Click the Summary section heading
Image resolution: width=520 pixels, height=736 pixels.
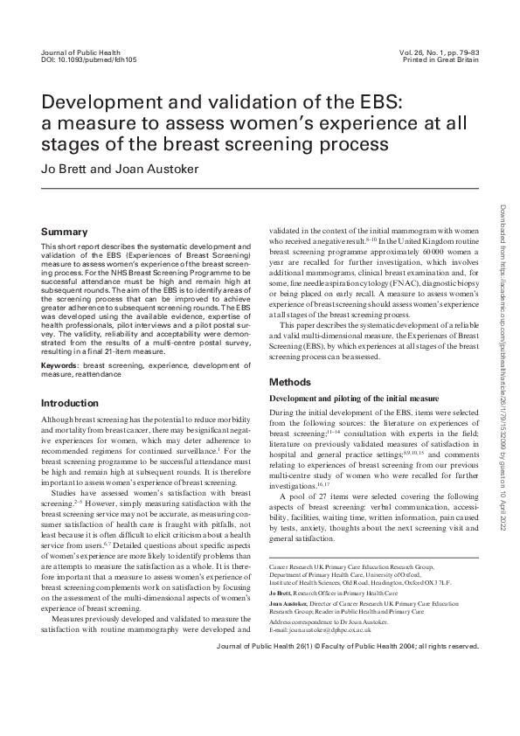pos(65,232)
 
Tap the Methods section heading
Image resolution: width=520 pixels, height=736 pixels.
pos(289,382)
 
